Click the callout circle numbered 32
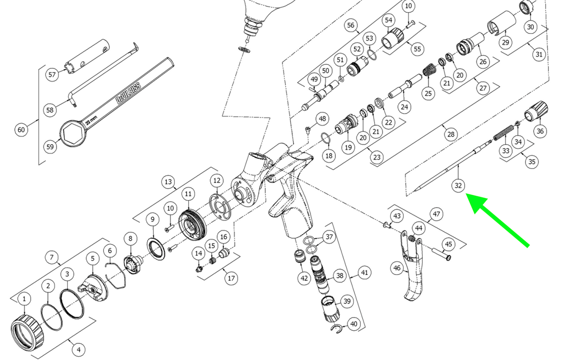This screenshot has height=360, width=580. [x=458, y=186]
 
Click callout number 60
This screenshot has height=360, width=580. [x=21, y=129]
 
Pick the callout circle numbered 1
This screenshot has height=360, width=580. [x=24, y=299]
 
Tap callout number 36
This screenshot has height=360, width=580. [x=540, y=131]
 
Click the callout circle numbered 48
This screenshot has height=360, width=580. [x=323, y=118]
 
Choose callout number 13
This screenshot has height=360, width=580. [x=168, y=182]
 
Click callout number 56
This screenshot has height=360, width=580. [x=351, y=25]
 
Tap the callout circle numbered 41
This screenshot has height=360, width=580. [x=365, y=273]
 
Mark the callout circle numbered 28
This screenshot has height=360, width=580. [x=451, y=135]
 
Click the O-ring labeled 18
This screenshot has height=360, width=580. [x=325, y=139]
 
